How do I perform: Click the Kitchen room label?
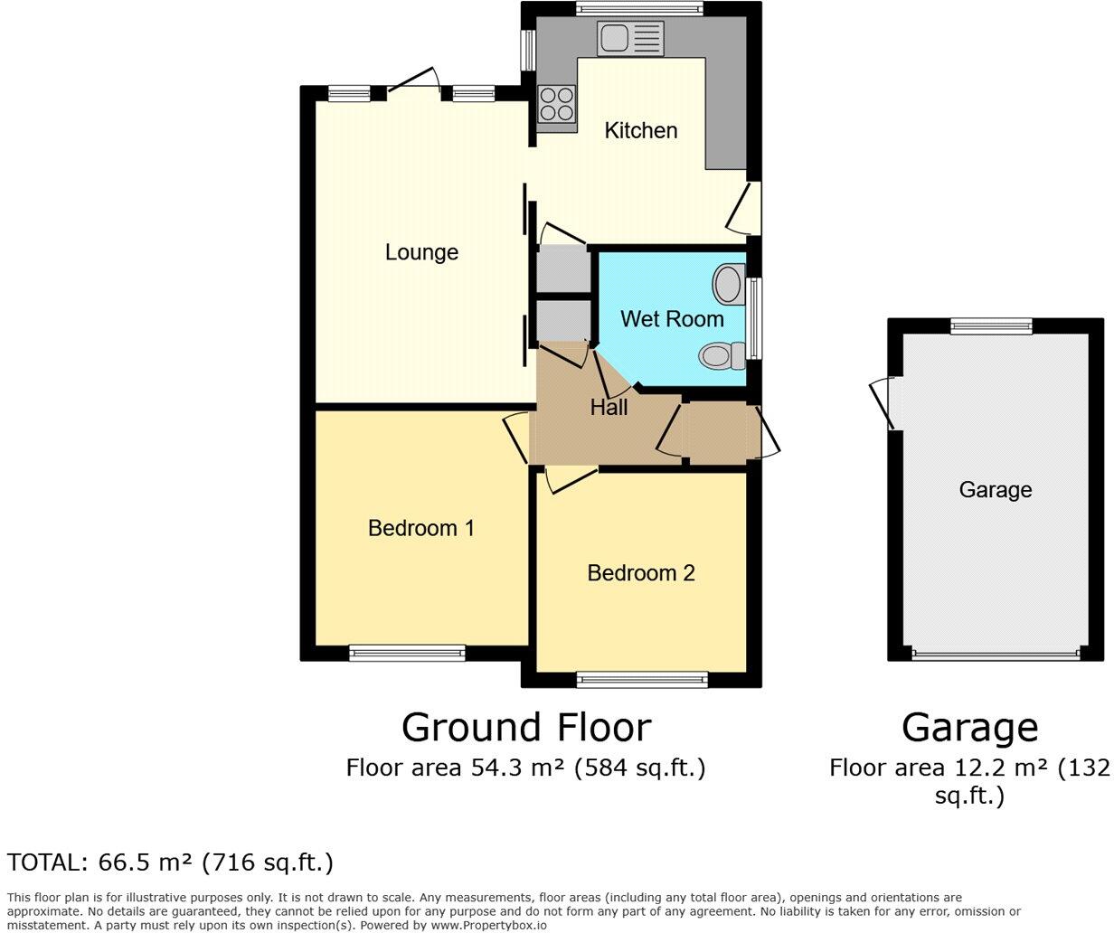coord(640,130)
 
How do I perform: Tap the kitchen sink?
coord(629,38)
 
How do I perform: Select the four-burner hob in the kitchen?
coord(556,103)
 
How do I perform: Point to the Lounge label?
coord(421,252)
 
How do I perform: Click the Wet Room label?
coord(672,319)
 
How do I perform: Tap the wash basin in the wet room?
coord(728,284)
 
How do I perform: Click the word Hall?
coord(609,408)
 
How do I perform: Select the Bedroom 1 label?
coord(420,528)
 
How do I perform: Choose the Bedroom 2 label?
coord(641,573)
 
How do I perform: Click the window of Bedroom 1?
coord(407,653)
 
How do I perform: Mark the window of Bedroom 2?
coord(642,680)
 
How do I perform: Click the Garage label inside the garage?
coord(995,490)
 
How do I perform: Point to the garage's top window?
coord(990,325)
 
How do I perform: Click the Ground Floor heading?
coord(525,728)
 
